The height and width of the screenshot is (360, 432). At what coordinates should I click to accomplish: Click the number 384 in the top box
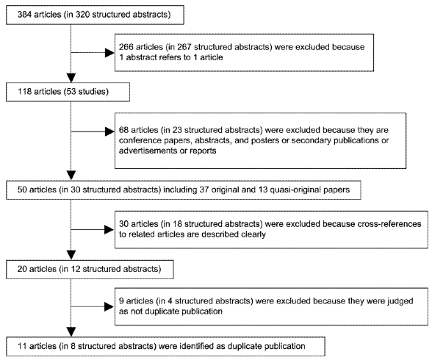tap(24, 14)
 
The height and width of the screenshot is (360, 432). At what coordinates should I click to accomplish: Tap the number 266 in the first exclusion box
tap(126, 47)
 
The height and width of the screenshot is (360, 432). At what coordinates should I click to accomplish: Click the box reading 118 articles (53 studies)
tap(68, 92)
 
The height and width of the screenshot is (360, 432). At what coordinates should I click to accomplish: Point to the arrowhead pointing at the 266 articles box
tap(109, 52)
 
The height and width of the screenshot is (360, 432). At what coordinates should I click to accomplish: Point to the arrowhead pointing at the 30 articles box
tap(109, 229)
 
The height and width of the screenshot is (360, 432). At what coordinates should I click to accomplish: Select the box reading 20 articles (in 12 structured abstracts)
tap(90, 269)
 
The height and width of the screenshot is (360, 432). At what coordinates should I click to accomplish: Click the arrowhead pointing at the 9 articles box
tap(109, 306)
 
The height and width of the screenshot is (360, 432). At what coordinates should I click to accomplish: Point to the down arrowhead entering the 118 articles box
tap(71, 78)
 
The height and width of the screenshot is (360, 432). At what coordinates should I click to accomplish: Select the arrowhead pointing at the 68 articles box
tap(109, 132)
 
